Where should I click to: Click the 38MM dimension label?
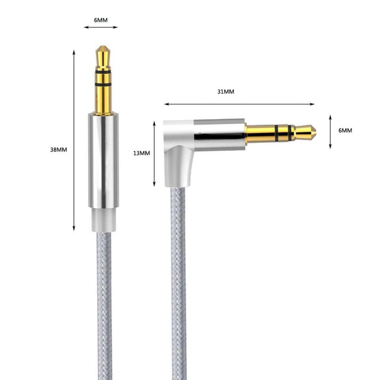59,150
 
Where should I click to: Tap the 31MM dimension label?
226,92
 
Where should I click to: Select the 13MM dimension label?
141,153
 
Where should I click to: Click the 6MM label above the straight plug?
101,20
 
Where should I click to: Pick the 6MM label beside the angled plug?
345,130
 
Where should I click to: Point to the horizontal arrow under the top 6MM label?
101,27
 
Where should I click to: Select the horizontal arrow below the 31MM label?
239,104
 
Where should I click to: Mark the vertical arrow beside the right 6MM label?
330,132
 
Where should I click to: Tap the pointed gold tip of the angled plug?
310,131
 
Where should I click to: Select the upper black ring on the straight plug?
103,71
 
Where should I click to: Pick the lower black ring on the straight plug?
103,85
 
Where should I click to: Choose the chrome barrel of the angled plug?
219,134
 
